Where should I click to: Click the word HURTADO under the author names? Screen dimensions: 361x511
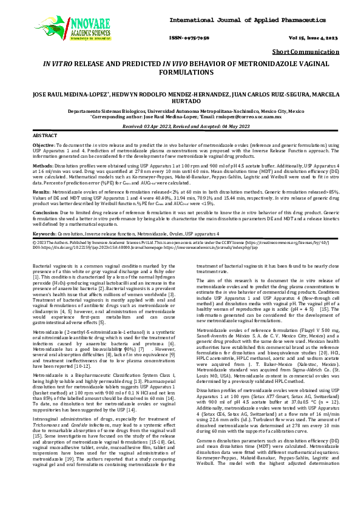click(180, 101)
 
